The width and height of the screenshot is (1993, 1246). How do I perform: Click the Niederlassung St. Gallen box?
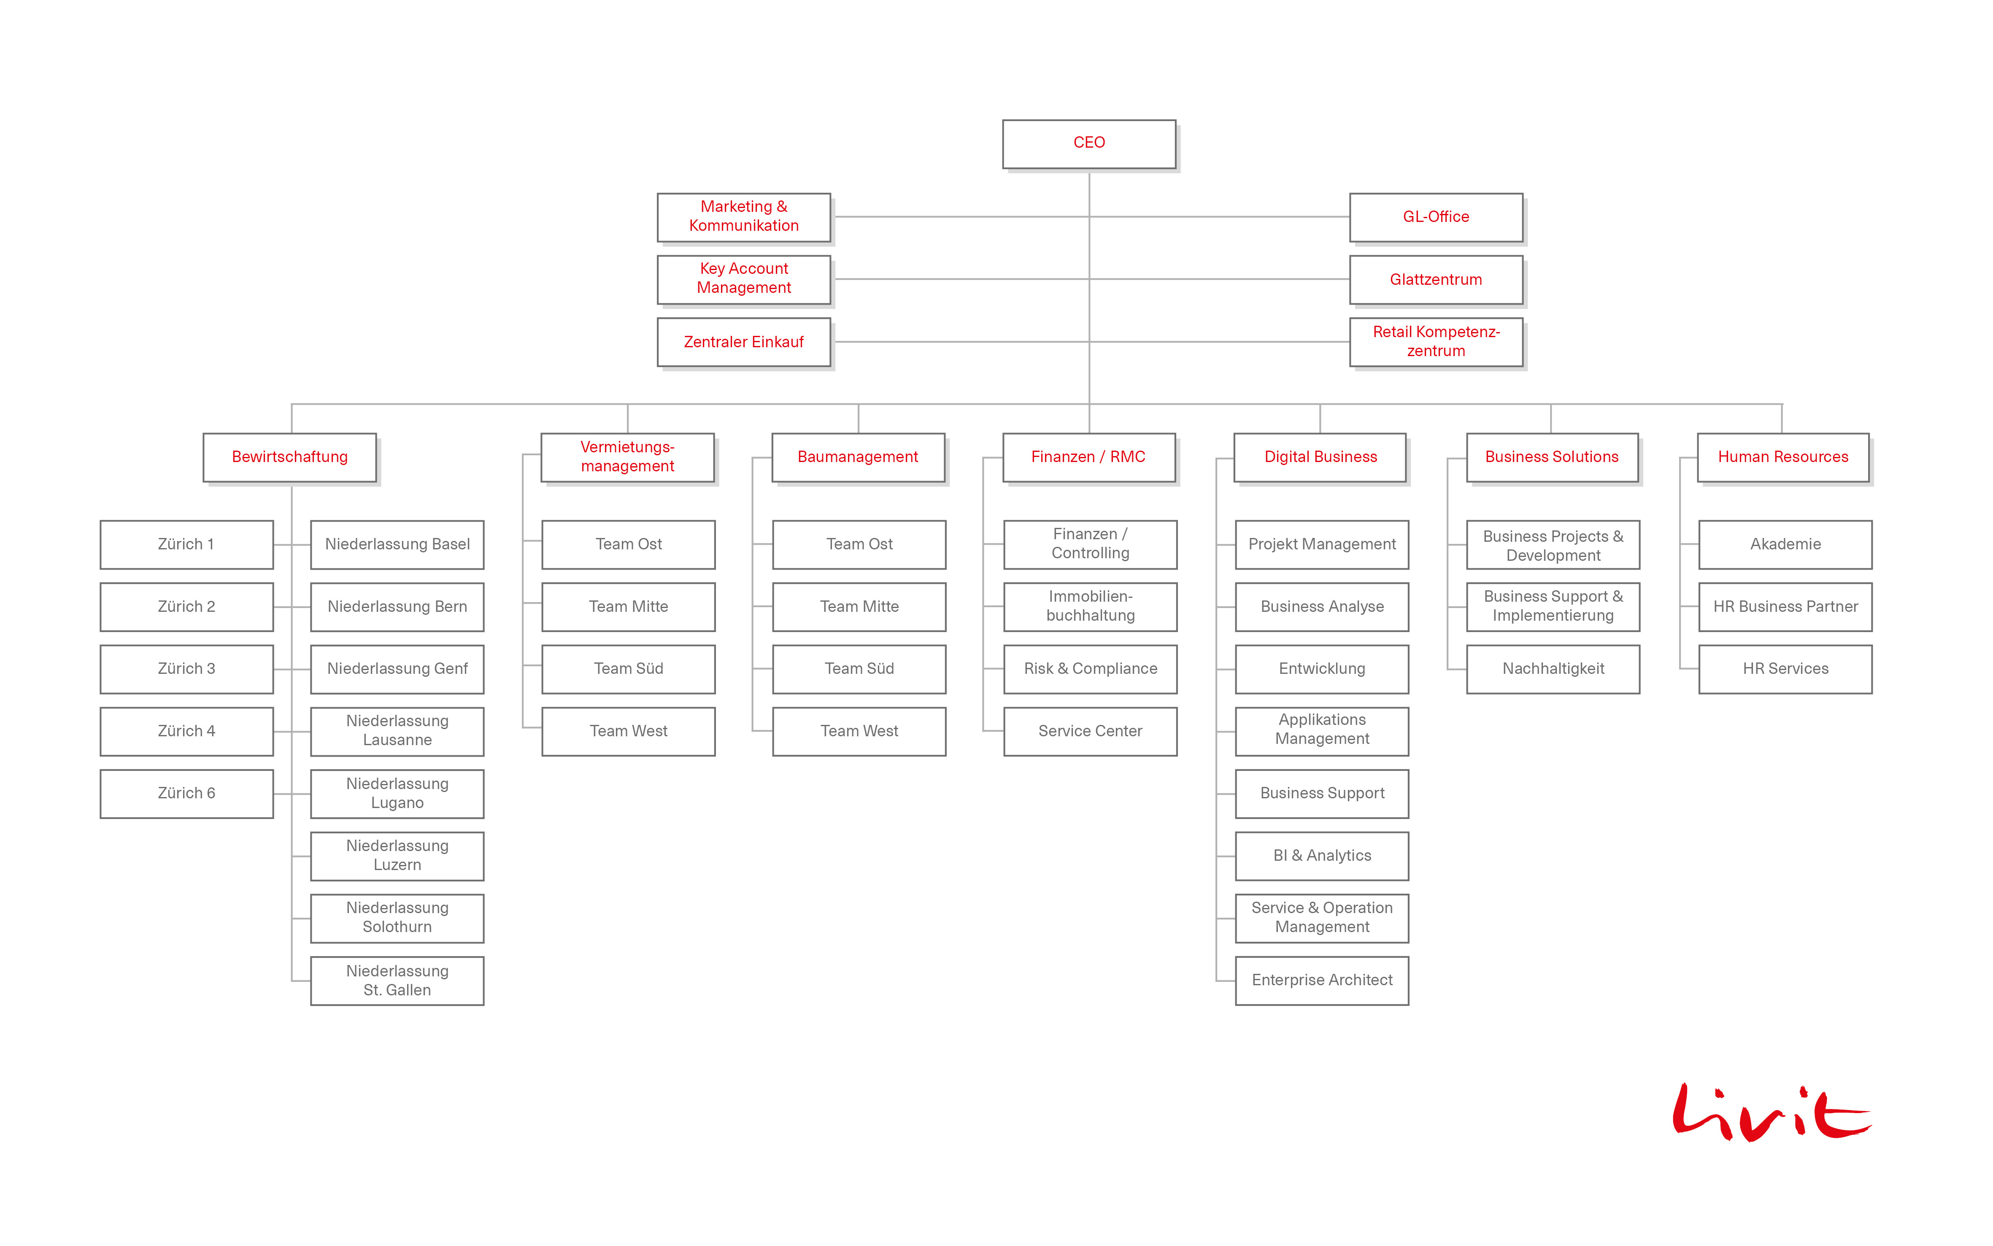397,981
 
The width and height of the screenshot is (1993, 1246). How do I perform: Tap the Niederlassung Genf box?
397,669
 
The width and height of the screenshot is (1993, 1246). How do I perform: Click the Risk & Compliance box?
1090,669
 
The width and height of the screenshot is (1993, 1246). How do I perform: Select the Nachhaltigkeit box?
1553,669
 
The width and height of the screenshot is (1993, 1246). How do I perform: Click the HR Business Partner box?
1785,606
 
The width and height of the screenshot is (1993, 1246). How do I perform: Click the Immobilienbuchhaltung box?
1090,606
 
